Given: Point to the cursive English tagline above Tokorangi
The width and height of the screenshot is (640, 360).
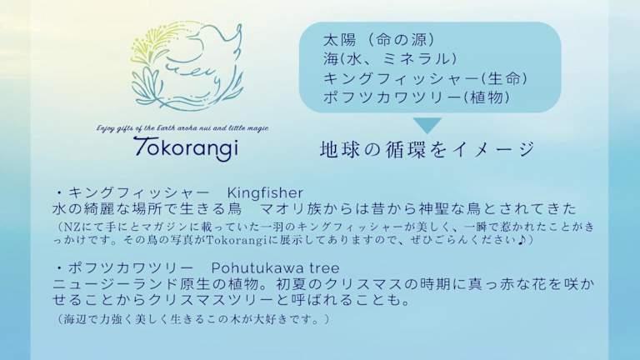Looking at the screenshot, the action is coord(182,128).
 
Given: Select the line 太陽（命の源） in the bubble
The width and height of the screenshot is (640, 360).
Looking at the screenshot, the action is coord(378,40).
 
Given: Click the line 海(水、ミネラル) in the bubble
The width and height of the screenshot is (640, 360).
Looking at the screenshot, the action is coord(390,59).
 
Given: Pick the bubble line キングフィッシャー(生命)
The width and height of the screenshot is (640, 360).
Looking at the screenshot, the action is coord(425,78).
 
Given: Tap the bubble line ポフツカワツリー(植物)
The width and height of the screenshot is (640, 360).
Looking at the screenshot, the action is coord(417,97).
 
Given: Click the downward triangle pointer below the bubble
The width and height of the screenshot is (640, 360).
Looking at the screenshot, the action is coord(427,125).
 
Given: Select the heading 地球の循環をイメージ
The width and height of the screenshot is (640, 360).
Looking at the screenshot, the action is coord(427,149).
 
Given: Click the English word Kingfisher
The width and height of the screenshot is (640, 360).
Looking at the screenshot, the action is coord(265,192).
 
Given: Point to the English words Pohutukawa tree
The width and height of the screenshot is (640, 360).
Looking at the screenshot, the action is coord(275,268).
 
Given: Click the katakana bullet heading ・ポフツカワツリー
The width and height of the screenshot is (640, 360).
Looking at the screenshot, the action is coord(123,268).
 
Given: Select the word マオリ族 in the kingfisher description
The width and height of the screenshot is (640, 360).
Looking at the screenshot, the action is coord(291,209).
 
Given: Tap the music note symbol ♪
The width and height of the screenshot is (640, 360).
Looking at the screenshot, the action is coord(521,240).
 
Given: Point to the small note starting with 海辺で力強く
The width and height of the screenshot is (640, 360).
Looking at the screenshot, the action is coord(191,319).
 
